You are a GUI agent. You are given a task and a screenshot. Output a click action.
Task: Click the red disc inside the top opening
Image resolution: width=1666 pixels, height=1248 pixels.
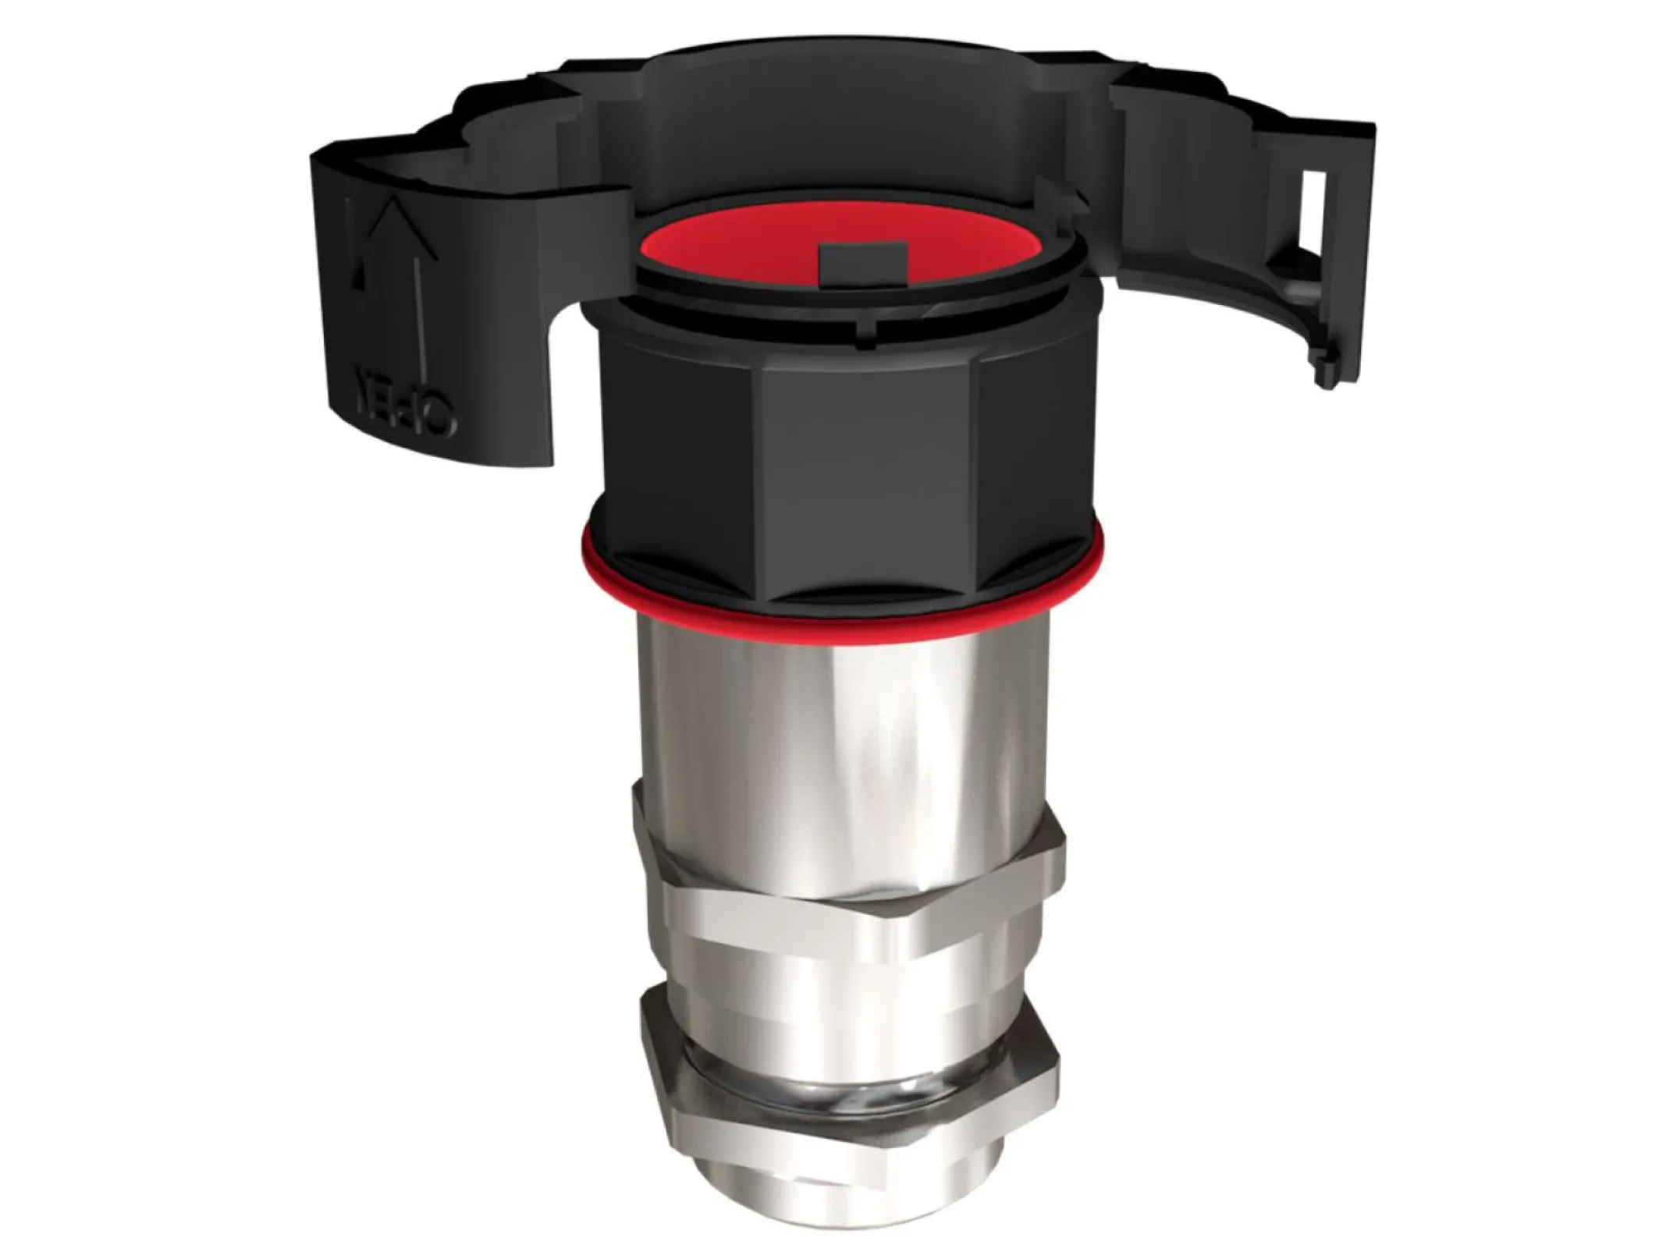click(749, 250)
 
